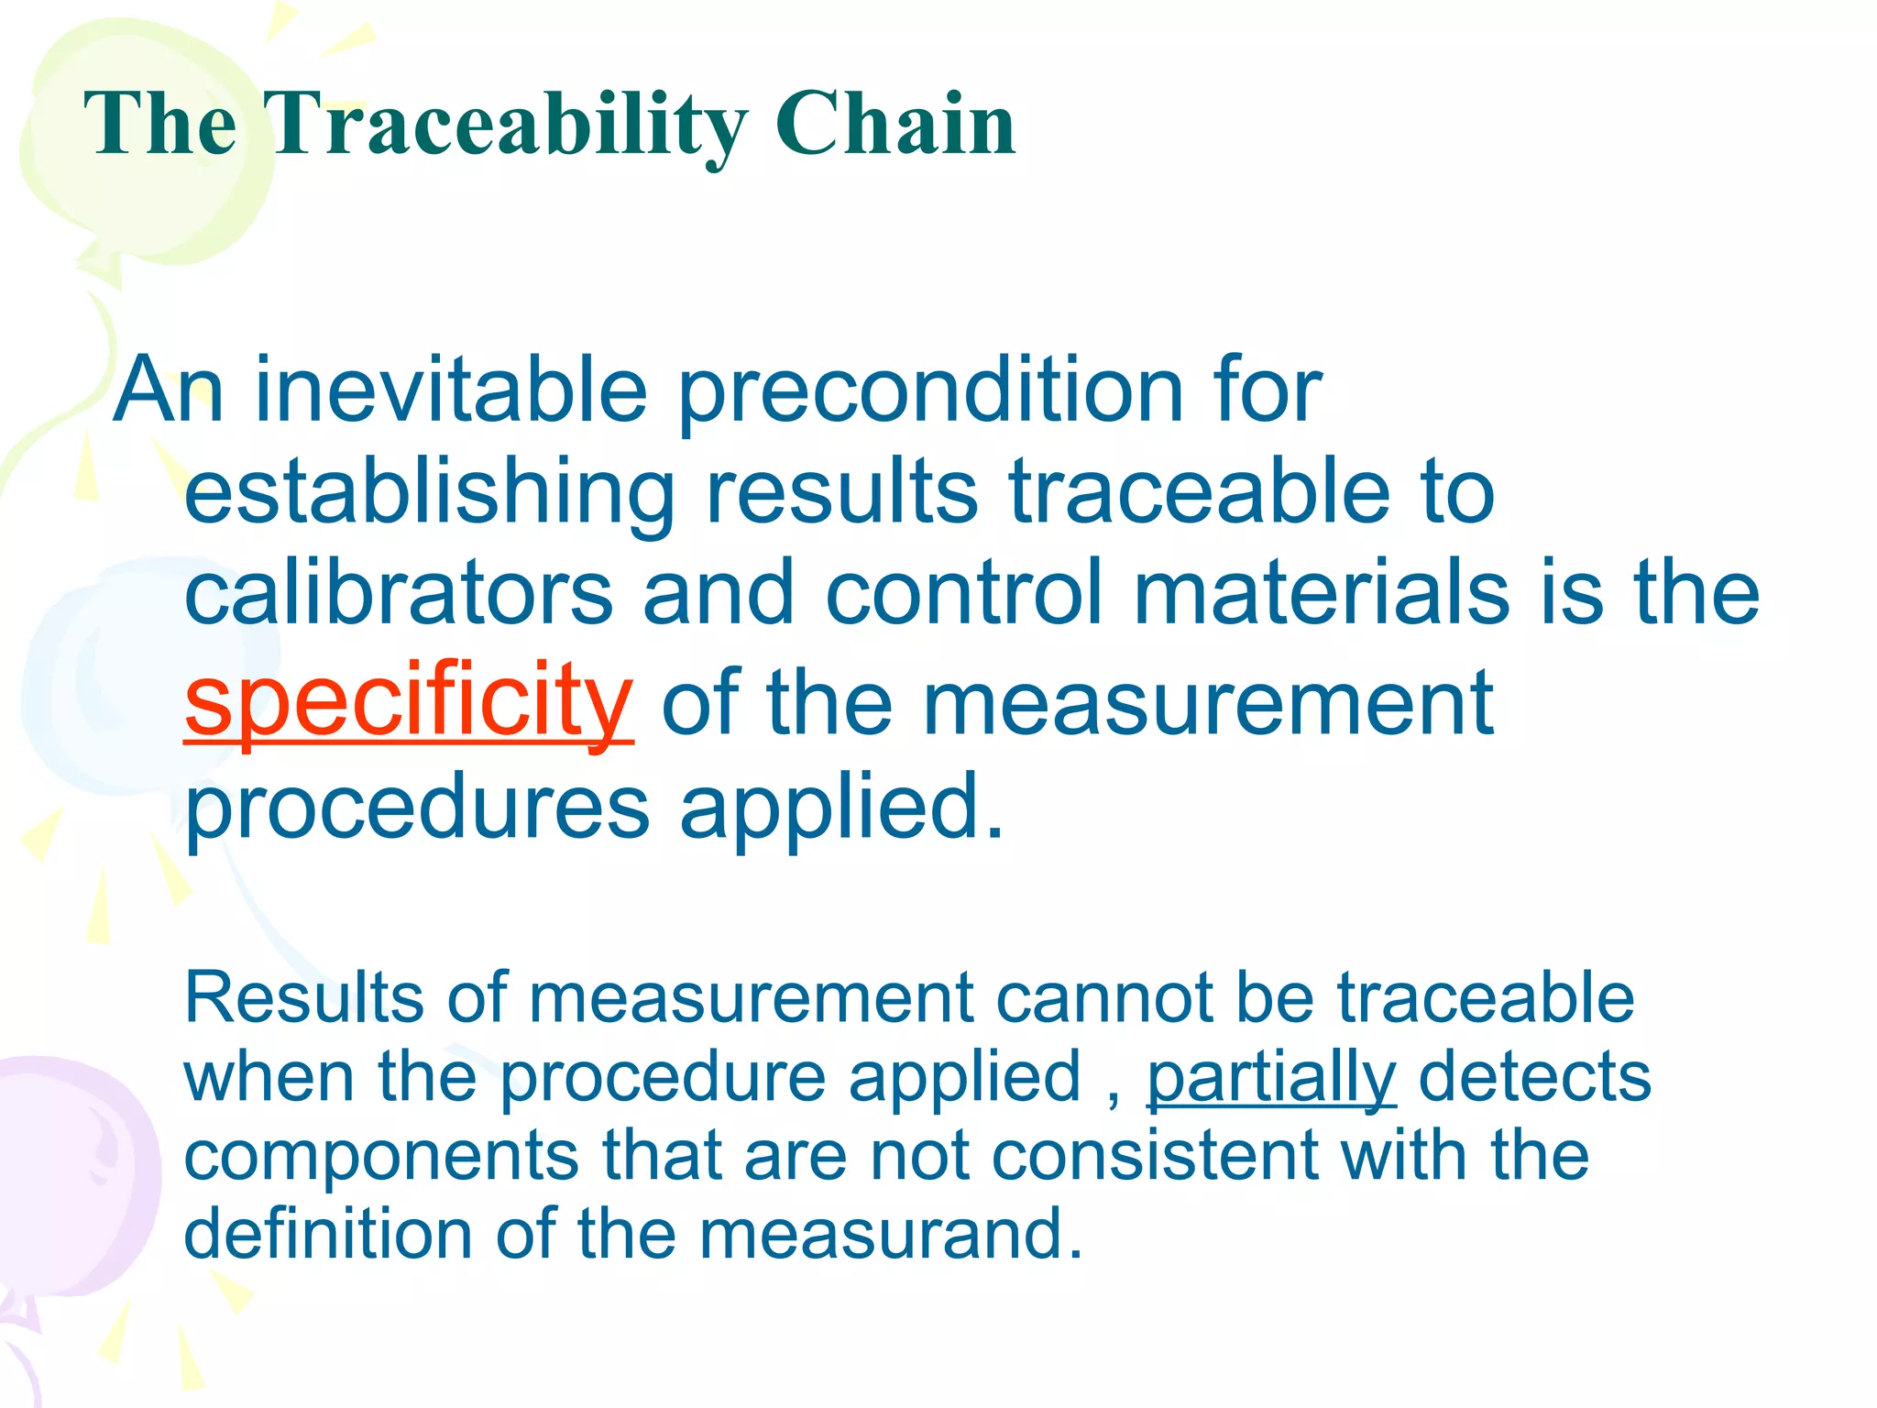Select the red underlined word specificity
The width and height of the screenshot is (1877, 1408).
(408, 701)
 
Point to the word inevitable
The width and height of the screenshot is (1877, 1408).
(451, 390)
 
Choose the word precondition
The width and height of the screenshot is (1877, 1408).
(930, 392)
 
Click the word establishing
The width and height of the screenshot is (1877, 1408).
(429, 495)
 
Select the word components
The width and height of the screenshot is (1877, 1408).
(381, 1157)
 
